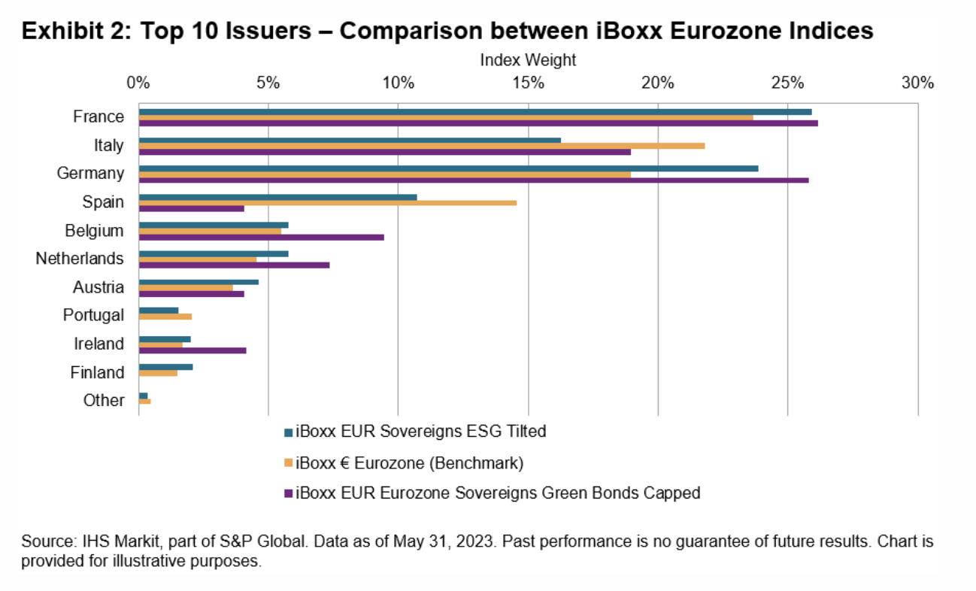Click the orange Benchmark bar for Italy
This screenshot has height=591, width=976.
click(421, 145)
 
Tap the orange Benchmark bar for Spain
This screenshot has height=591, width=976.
click(327, 202)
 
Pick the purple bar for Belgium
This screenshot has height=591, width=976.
click(261, 237)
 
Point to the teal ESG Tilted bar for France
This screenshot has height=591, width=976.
click(474, 111)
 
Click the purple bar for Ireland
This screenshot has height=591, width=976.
click(192, 350)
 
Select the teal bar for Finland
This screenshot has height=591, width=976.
click(165, 367)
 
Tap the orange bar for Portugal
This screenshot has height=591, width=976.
click(165, 317)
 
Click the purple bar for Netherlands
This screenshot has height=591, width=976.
click(234, 265)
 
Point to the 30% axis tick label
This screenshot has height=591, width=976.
click(917, 83)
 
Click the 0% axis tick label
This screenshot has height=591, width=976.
click(138, 83)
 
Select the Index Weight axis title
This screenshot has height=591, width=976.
click(528, 59)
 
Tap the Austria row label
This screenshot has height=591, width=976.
click(99, 287)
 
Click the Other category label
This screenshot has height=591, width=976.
click(104, 401)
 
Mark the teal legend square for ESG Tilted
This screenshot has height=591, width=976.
click(289, 432)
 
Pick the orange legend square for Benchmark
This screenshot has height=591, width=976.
click(289, 463)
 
